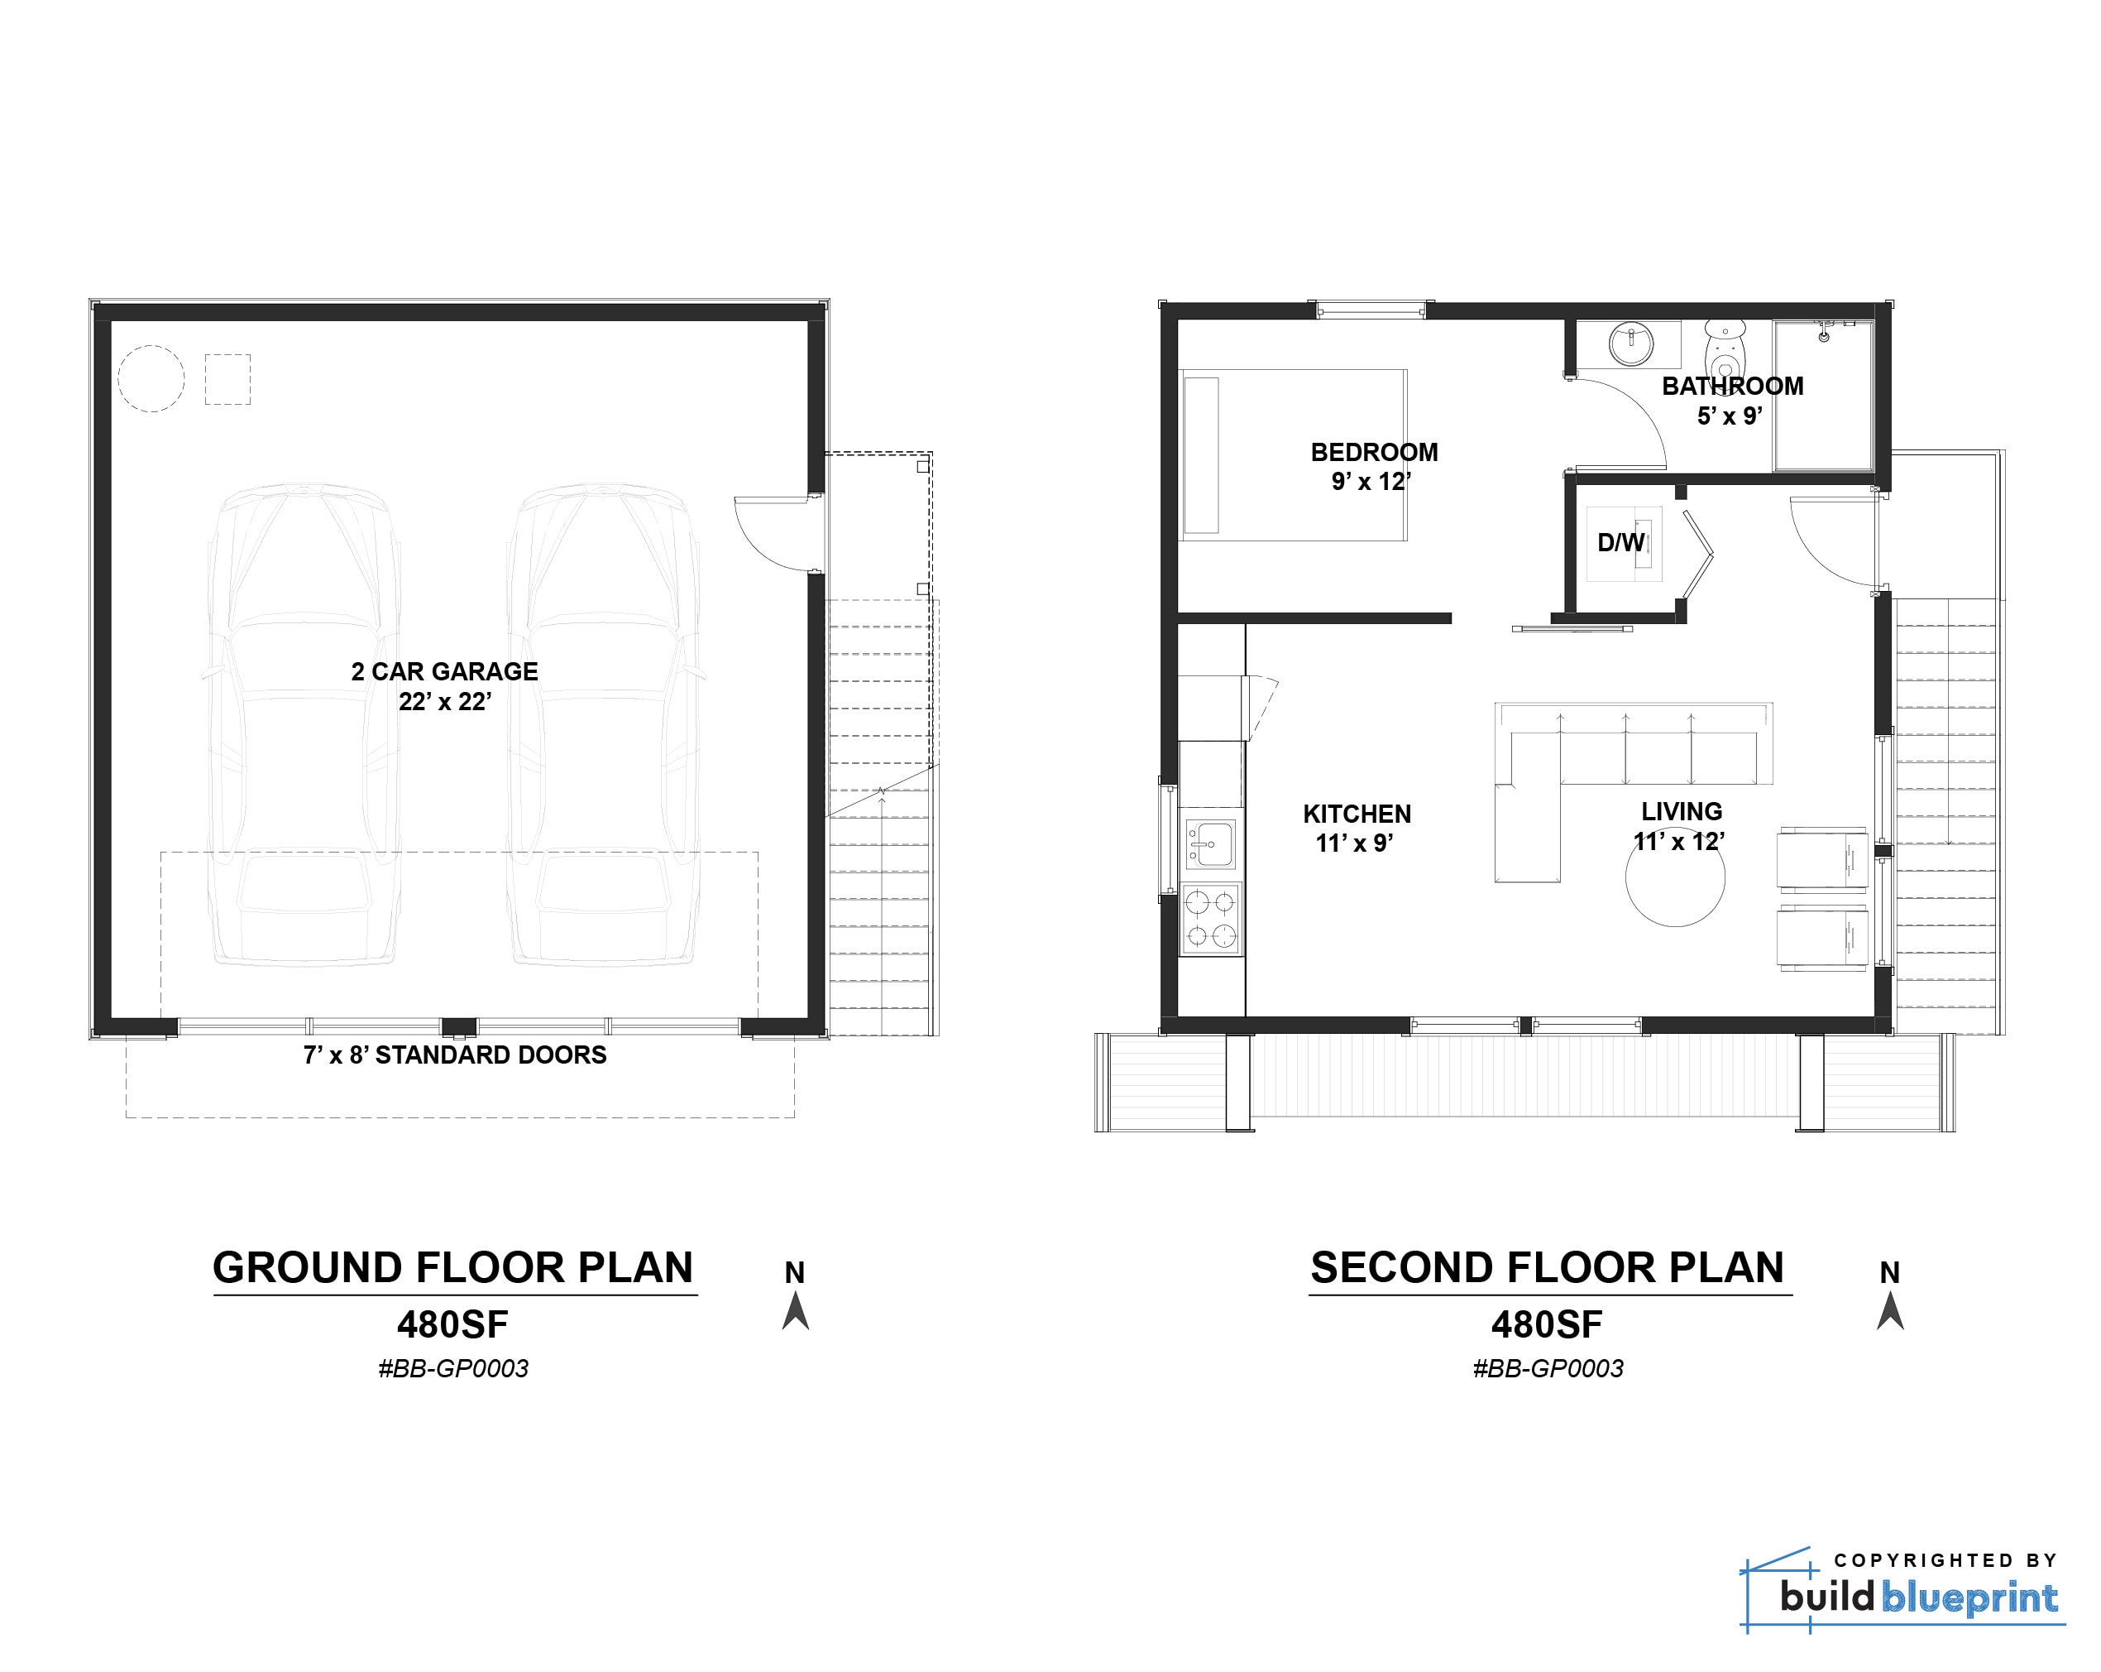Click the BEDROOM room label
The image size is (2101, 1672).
click(1373, 453)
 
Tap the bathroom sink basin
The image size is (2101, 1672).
click(1630, 344)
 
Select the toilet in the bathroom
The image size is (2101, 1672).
click(1725, 350)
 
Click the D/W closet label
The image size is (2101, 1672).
click(1620, 543)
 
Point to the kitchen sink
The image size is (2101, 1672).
click(1209, 843)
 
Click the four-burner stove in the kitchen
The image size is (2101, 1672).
click(1210, 919)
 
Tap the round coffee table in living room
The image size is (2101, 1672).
click(1674, 877)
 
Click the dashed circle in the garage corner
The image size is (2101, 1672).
click(151, 379)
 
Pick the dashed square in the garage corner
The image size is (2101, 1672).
click(227, 379)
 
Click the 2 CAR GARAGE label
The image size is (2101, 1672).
click(444, 672)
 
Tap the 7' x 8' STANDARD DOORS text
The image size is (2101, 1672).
click(454, 1055)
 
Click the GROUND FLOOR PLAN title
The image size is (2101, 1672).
click(453, 1267)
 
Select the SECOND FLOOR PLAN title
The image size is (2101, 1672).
click(1548, 1267)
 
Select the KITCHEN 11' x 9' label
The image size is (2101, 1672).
click(1357, 828)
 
